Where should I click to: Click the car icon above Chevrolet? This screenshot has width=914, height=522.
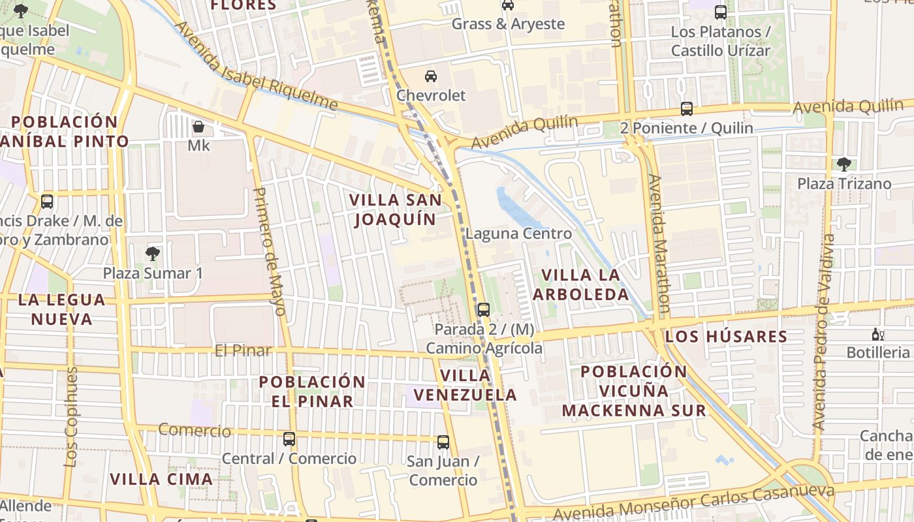(x=431, y=76)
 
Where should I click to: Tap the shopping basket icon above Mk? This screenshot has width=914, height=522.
(x=198, y=126)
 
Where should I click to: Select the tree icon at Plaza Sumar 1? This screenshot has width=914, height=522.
(x=153, y=253)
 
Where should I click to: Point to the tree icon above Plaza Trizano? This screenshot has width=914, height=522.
(x=843, y=164)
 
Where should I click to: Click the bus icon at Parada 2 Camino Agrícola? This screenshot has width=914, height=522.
(x=483, y=310)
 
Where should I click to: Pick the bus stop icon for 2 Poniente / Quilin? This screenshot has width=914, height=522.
(x=686, y=109)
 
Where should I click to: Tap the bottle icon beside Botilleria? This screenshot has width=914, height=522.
(x=878, y=335)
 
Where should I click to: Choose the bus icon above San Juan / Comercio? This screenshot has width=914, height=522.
(x=443, y=442)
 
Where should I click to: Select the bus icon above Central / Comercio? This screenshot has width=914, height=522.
(x=289, y=439)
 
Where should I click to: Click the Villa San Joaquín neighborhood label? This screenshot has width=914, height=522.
(x=395, y=209)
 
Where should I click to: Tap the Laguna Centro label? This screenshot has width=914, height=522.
(x=518, y=234)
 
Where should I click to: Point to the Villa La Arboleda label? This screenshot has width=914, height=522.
(x=581, y=284)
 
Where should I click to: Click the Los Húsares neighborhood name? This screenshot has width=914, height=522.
(x=726, y=337)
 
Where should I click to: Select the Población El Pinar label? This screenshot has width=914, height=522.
(x=312, y=391)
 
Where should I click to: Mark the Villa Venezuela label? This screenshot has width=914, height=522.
(x=465, y=385)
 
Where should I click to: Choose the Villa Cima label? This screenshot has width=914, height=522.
(x=161, y=480)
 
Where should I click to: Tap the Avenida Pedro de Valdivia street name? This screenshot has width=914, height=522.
(x=824, y=333)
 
